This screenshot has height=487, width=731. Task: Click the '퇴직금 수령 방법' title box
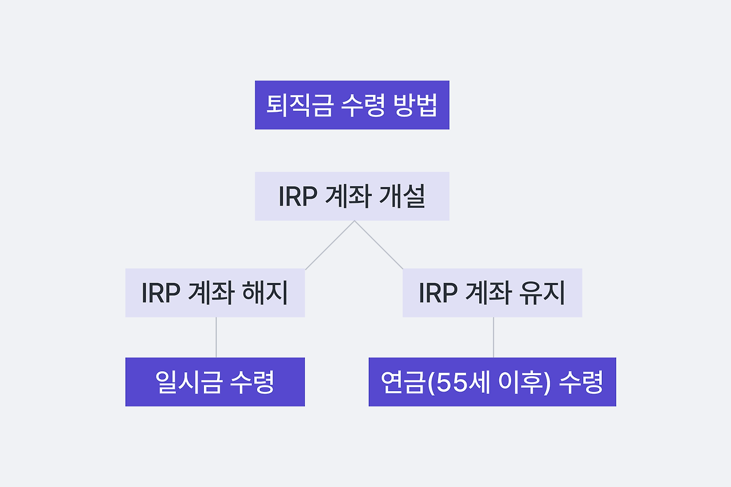[352, 105]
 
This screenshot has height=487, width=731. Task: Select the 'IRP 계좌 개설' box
[352, 196]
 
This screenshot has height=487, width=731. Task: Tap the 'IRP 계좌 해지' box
[215, 293]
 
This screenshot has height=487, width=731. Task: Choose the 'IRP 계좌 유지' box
[492, 293]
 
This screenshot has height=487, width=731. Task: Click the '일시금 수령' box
[215, 382]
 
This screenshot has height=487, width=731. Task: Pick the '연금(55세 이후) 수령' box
[492, 382]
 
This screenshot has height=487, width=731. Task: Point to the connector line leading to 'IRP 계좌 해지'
[330, 245]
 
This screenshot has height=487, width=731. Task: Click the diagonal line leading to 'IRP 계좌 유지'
[379, 245]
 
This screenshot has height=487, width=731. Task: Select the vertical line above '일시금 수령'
[216, 337]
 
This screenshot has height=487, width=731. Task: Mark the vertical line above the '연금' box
[493, 337]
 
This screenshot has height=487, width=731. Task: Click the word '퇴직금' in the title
[299, 106]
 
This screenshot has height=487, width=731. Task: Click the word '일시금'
[188, 383]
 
